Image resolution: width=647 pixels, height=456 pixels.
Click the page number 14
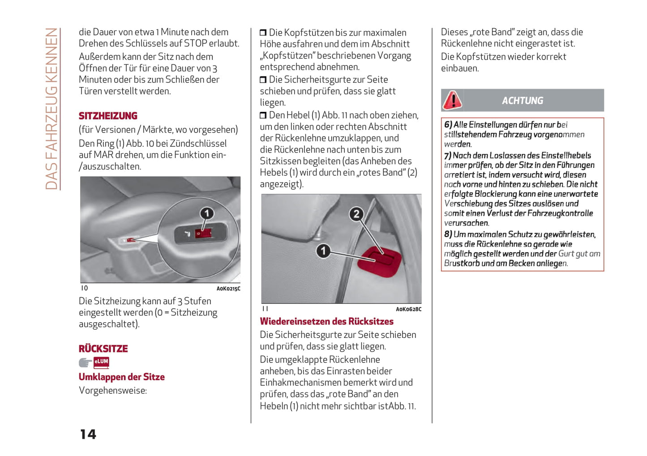[x=88, y=434]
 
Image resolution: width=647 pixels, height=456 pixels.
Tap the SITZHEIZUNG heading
[x=108, y=116]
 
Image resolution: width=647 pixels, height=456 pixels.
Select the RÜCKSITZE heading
[x=103, y=349]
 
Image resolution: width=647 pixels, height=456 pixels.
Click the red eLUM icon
[x=101, y=362]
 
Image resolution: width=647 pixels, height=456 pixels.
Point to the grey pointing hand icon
[x=85, y=362]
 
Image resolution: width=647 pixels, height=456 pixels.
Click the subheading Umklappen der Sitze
[x=122, y=377]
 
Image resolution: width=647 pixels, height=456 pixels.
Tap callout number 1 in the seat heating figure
[x=206, y=213]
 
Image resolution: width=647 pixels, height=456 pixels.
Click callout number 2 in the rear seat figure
[x=356, y=214]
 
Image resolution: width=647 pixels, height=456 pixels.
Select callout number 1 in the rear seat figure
[x=323, y=251]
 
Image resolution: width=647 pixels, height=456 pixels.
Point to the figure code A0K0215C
[x=228, y=289]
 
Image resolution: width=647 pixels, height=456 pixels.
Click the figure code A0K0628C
[x=408, y=309]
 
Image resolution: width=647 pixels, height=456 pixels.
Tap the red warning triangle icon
[x=452, y=100]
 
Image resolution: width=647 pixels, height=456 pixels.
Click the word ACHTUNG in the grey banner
[x=523, y=101]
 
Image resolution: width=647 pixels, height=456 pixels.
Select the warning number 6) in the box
[x=448, y=125]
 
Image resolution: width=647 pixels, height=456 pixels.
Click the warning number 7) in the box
[x=448, y=155]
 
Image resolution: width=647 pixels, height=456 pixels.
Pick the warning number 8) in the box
[x=448, y=234]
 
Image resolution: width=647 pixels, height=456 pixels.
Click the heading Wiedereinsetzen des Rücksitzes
[x=326, y=321]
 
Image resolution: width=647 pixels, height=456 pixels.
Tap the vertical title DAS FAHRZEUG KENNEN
[x=52, y=109]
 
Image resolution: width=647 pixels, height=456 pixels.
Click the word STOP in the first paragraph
[x=195, y=43]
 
